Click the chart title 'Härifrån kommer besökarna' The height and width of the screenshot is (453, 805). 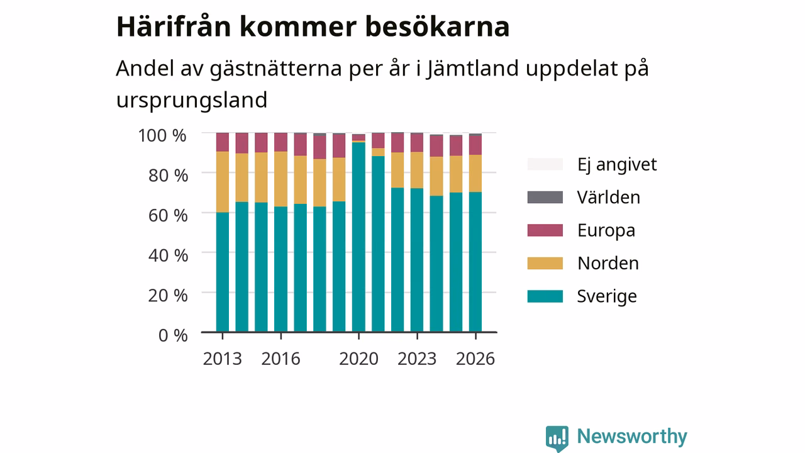click(313, 26)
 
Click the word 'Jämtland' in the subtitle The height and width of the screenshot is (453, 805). click(473, 69)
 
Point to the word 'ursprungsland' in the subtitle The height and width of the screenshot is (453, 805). click(192, 100)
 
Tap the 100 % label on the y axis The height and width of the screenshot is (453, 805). click(162, 136)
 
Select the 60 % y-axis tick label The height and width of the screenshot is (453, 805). click(168, 216)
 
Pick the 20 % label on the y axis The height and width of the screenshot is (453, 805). click(168, 296)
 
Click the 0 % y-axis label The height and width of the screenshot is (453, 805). click(173, 335)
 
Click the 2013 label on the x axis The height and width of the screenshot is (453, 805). click(223, 359)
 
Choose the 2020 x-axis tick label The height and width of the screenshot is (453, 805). click(358, 359)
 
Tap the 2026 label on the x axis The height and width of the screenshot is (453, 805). click(475, 359)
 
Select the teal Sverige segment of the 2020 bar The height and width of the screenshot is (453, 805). click(358, 237)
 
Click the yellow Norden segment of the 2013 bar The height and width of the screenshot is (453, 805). click(223, 182)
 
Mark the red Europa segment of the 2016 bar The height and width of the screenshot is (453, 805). click(280, 142)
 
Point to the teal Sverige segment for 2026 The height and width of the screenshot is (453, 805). click(475, 262)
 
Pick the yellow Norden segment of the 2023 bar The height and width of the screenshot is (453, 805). click(417, 170)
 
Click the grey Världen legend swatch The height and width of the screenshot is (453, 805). click(545, 198)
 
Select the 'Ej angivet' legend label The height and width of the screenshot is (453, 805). click(617, 165)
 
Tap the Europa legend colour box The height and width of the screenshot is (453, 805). click(545, 230)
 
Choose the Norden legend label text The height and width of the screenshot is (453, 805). click(608, 263)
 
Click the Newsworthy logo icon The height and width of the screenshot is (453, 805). click(557, 439)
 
